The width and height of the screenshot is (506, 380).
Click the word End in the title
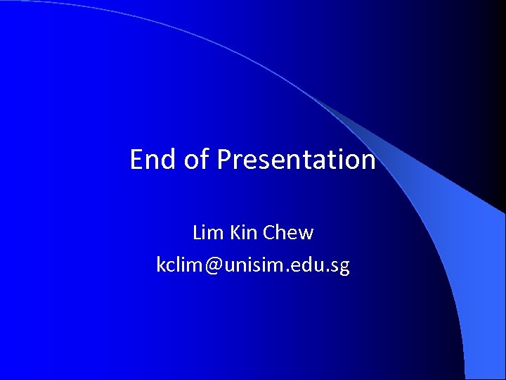[153, 160]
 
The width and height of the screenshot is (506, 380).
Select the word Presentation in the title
[296, 160]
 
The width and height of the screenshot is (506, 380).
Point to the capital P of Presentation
[224, 160]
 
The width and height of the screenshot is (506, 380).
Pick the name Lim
[208, 232]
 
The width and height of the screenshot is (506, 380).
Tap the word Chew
[288, 232]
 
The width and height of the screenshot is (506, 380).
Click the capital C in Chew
[270, 232]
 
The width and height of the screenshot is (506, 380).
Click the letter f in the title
[205, 159]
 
